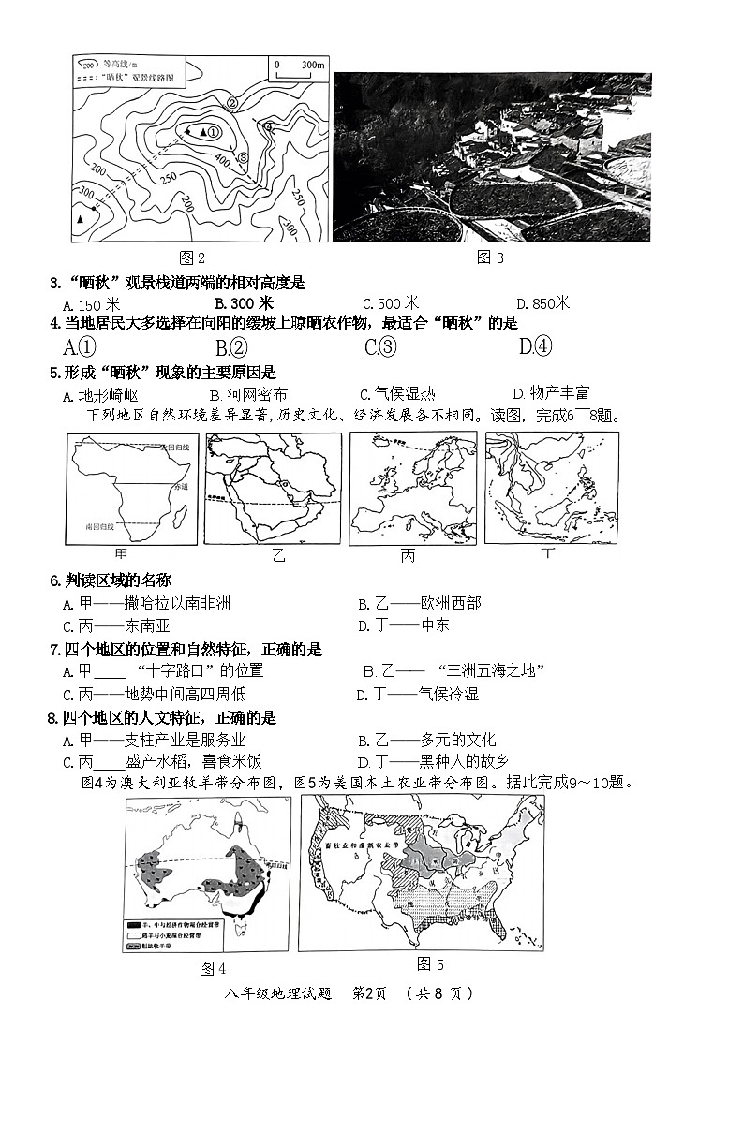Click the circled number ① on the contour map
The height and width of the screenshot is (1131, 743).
click(213, 133)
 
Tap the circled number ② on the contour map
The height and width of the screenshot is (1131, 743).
click(231, 104)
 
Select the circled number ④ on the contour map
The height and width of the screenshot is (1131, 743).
click(269, 126)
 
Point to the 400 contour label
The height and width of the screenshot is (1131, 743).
click(222, 162)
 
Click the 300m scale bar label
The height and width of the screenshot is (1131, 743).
click(311, 65)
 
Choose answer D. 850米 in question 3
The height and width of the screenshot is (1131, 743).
click(542, 303)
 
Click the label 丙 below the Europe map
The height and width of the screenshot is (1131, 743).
click(408, 556)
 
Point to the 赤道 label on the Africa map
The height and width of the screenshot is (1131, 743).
click(180, 488)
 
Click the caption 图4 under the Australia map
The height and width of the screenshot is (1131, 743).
click(213, 968)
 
